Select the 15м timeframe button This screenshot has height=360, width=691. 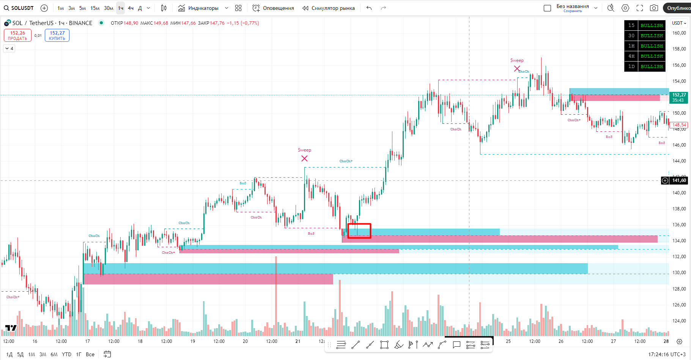tap(95, 8)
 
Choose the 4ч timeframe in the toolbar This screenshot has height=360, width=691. tap(131, 8)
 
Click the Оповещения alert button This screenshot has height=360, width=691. tap(273, 8)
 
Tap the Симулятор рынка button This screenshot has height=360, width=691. tap(329, 8)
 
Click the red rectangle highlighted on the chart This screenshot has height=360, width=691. tap(359, 231)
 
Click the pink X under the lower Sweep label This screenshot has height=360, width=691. tap(304, 158)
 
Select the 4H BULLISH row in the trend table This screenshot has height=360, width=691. tap(645, 56)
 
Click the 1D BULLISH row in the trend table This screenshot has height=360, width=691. tap(645, 66)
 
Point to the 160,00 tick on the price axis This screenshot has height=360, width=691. tap(679, 33)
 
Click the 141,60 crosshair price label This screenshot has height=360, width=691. tap(679, 180)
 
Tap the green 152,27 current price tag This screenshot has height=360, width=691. tap(679, 97)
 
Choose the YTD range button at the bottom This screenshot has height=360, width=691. tap(66, 354)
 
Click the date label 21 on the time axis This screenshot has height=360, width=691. tap(298, 341)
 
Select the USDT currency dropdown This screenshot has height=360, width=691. tap(679, 23)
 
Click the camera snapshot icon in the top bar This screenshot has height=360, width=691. tap(654, 8)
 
